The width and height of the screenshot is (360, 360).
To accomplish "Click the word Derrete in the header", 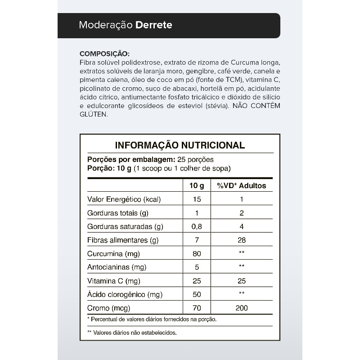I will pos(154,25).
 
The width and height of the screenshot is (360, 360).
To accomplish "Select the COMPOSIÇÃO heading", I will pos(104,54).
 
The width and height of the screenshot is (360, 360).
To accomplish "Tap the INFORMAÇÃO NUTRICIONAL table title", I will pos(180,145).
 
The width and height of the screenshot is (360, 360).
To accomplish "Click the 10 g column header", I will pos(197,185).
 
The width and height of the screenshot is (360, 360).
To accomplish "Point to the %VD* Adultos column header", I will pos(242,185).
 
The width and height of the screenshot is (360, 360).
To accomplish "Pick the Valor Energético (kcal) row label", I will pos(124,199).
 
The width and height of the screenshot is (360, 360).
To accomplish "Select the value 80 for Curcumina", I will pos(197,254).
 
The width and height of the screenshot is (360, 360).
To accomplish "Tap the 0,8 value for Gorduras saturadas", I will pos(197,226).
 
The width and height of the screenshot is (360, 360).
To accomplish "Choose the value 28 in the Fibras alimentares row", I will pos(242,240).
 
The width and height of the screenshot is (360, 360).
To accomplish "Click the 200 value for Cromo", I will pos(242,308).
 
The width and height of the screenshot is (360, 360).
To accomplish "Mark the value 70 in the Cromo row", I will pos(197,308).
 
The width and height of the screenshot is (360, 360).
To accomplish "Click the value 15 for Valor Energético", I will pos(197,199).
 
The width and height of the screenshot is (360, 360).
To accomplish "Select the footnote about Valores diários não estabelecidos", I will pos(132,333).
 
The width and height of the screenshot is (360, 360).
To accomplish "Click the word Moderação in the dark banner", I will pos(106,25).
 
